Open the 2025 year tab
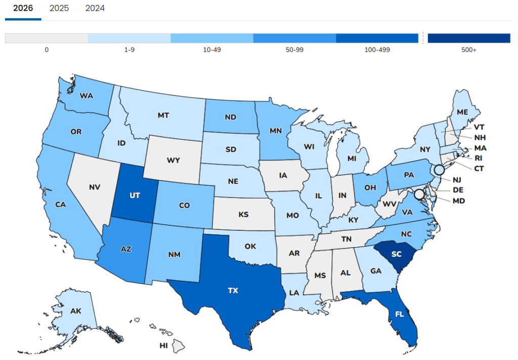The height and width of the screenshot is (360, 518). [59, 8]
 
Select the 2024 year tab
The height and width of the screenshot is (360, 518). [95, 8]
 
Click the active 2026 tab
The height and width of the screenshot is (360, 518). [23, 8]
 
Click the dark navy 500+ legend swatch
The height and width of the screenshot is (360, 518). [468, 38]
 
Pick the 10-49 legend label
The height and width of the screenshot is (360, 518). [212, 50]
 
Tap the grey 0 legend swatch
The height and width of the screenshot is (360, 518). [47, 38]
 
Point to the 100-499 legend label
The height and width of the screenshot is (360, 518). [377, 50]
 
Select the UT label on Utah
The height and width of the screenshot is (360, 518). [135, 194]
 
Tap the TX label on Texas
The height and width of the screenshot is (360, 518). [233, 291]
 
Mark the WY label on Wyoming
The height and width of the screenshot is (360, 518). [173, 161]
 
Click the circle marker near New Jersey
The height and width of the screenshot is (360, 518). [439, 170]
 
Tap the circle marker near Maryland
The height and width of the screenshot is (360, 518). [419, 194]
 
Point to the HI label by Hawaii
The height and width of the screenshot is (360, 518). [163, 346]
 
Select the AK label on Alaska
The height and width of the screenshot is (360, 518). [76, 312]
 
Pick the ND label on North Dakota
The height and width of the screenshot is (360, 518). [231, 117]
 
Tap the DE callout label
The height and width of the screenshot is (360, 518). [458, 190]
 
